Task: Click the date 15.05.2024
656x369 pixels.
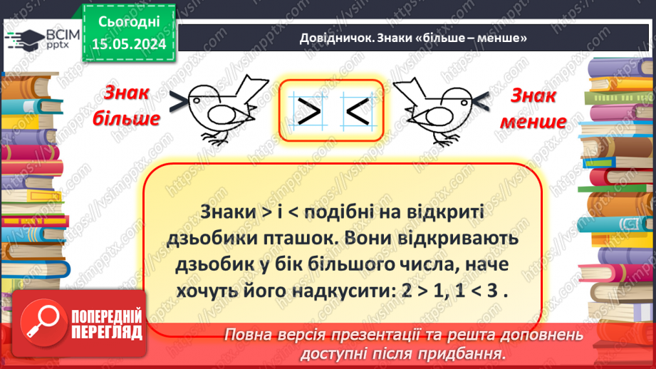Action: point(127,44)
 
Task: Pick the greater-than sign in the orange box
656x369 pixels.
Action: point(308,110)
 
